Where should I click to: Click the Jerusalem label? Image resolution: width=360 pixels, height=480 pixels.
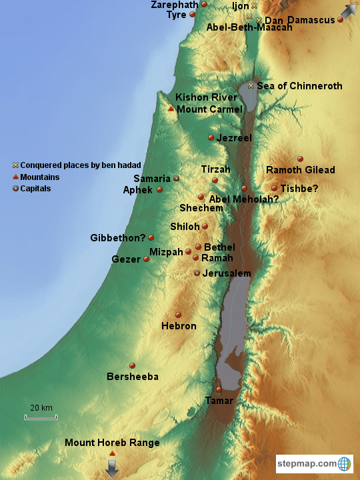click(x=227, y=274)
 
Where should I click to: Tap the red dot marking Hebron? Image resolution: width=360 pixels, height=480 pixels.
click(x=178, y=315)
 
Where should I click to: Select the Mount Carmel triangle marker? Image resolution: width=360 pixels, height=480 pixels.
click(x=171, y=109)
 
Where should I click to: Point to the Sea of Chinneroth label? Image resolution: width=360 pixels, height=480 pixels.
click(x=299, y=86)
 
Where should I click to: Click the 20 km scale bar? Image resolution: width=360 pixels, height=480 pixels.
click(x=41, y=417)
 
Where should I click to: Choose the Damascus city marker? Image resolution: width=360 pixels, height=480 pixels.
click(x=340, y=20)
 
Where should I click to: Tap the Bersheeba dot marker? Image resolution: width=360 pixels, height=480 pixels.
click(x=132, y=365)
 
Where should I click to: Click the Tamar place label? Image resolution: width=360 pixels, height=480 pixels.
click(x=219, y=401)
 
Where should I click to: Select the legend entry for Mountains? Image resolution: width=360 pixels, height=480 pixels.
click(x=39, y=177)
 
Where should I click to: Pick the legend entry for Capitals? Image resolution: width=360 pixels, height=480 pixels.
click(x=35, y=189)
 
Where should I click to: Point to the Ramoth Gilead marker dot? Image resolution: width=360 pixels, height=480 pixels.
click(x=300, y=159)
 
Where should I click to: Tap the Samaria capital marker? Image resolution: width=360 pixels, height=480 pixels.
click(x=177, y=179)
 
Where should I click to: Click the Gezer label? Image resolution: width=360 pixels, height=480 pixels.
click(x=126, y=259)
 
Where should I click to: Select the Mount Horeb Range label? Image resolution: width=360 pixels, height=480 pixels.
click(x=112, y=443)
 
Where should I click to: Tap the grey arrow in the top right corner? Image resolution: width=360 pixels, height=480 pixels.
click(x=348, y=11)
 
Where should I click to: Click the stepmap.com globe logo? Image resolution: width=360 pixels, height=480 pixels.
click(x=345, y=463)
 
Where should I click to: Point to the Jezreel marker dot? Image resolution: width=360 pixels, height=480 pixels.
click(x=211, y=138)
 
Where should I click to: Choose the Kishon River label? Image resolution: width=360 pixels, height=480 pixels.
click(x=206, y=97)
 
